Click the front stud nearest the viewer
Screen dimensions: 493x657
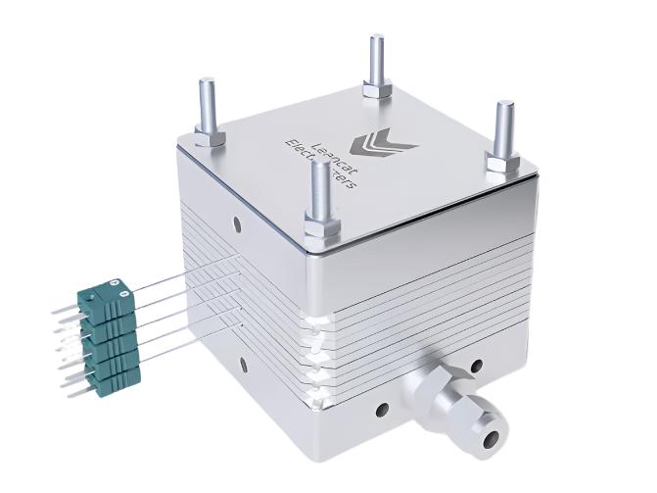[319, 190]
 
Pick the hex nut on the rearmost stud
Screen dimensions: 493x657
[377, 89]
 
